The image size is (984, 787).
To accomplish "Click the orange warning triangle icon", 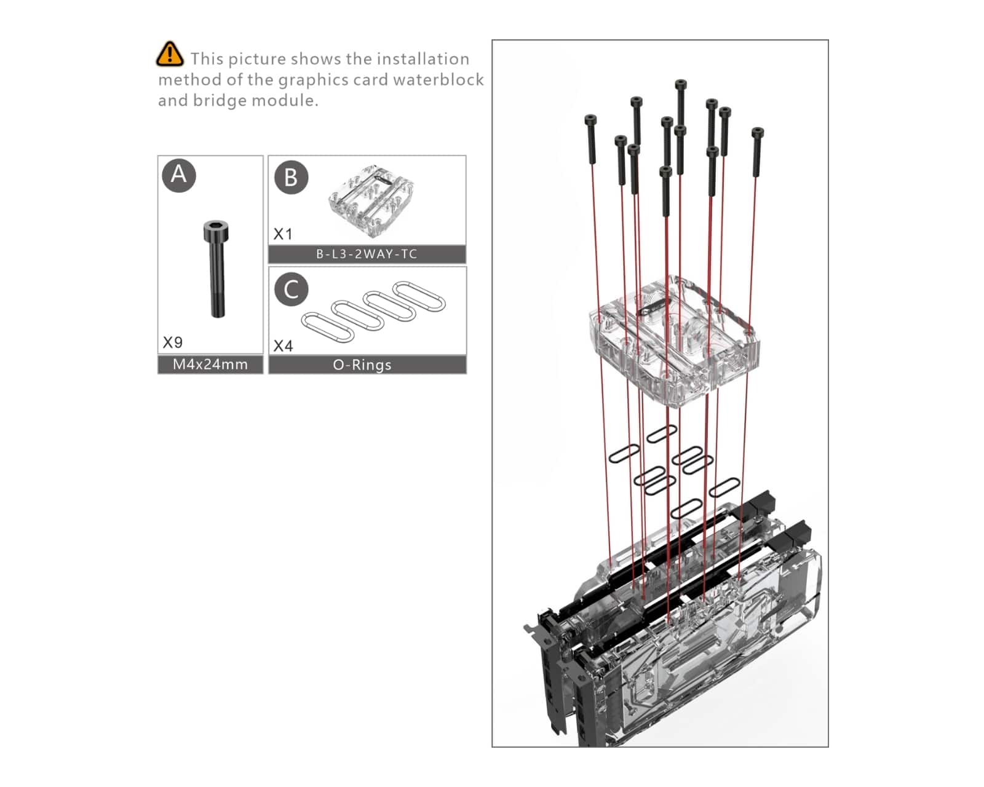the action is [x=170, y=54].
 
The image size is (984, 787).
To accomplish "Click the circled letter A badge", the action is [x=179, y=175].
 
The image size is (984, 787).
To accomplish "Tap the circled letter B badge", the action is [x=291, y=178].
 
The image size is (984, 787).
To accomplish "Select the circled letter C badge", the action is [x=292, y=289].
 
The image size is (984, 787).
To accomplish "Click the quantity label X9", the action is [x=173, y=342].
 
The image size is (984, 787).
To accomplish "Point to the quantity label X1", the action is [x=282, y=234].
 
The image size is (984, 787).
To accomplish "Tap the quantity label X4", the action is [x=283, y=346].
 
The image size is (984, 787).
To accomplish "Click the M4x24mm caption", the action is [x=210, y=365].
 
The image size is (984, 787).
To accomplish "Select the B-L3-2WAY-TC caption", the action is [x=367, y=254].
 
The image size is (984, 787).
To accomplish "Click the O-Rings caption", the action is [x=362, y=365].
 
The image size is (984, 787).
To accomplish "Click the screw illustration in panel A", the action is [x=216, y=269].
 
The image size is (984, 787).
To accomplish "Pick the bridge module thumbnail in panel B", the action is [x=371, y=200].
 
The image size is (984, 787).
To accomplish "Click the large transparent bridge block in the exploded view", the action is [x=674, y=341].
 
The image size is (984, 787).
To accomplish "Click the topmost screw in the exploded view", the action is [x=681, y=102].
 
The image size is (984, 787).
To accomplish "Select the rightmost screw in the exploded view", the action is [x=757, y=152].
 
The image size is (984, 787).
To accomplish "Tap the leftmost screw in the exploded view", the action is [x=591, y=140].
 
